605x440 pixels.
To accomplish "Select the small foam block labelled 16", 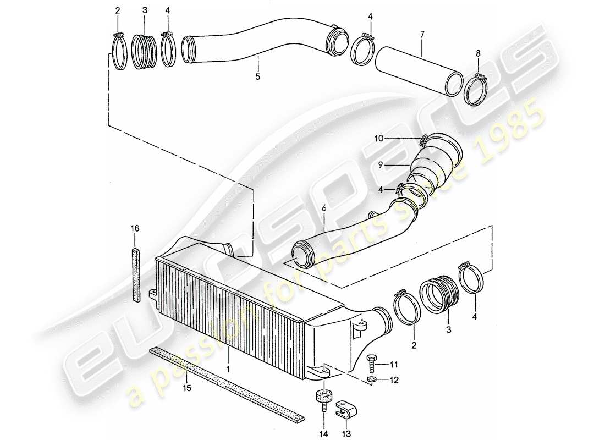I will pos(136,275).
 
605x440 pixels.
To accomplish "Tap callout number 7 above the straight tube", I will pos(422,35).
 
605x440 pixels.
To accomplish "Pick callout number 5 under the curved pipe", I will pos(257,77).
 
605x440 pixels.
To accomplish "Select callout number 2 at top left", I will pos(117,10).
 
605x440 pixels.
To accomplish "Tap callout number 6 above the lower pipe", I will pos(323,208).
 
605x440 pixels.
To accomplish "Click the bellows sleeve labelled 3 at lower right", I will pos(437,295).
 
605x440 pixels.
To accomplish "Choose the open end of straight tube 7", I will pos(454,83).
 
